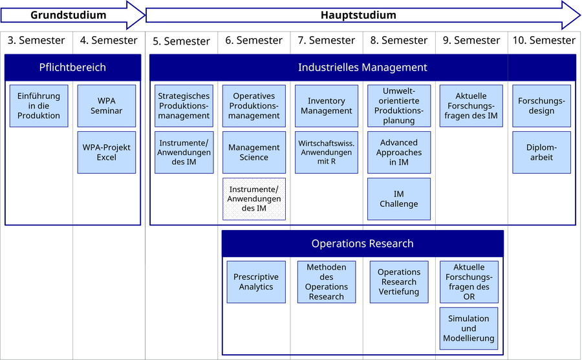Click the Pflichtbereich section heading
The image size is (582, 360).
tap(72, 67)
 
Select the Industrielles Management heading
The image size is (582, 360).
tap(362, 67)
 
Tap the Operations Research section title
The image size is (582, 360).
tap(362, 244)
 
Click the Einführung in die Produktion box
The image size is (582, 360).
tap(39, 106)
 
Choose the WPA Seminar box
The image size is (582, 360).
tap(107, 106)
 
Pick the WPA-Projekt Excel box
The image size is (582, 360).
tap(107, 153)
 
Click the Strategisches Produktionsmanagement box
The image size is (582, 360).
tap(184, 106)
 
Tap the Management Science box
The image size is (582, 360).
tap(254, 153)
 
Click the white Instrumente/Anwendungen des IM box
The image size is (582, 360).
tap(254, 198)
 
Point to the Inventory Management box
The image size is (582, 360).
tap(327, 106)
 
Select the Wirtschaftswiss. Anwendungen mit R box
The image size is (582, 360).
tap(327, 153)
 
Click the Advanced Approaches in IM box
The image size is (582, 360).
tap(399, 153)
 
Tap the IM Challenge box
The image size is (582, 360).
tap(399, 198)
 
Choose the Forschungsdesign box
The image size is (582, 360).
tap(541, 106)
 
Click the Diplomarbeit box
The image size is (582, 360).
tap(541, 153)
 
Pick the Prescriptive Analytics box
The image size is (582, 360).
tap(256, 282)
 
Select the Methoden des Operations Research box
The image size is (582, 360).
tap(327, 282)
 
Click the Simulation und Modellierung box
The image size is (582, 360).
tap(469, 328)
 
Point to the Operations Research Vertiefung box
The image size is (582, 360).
tap(399, 282)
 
